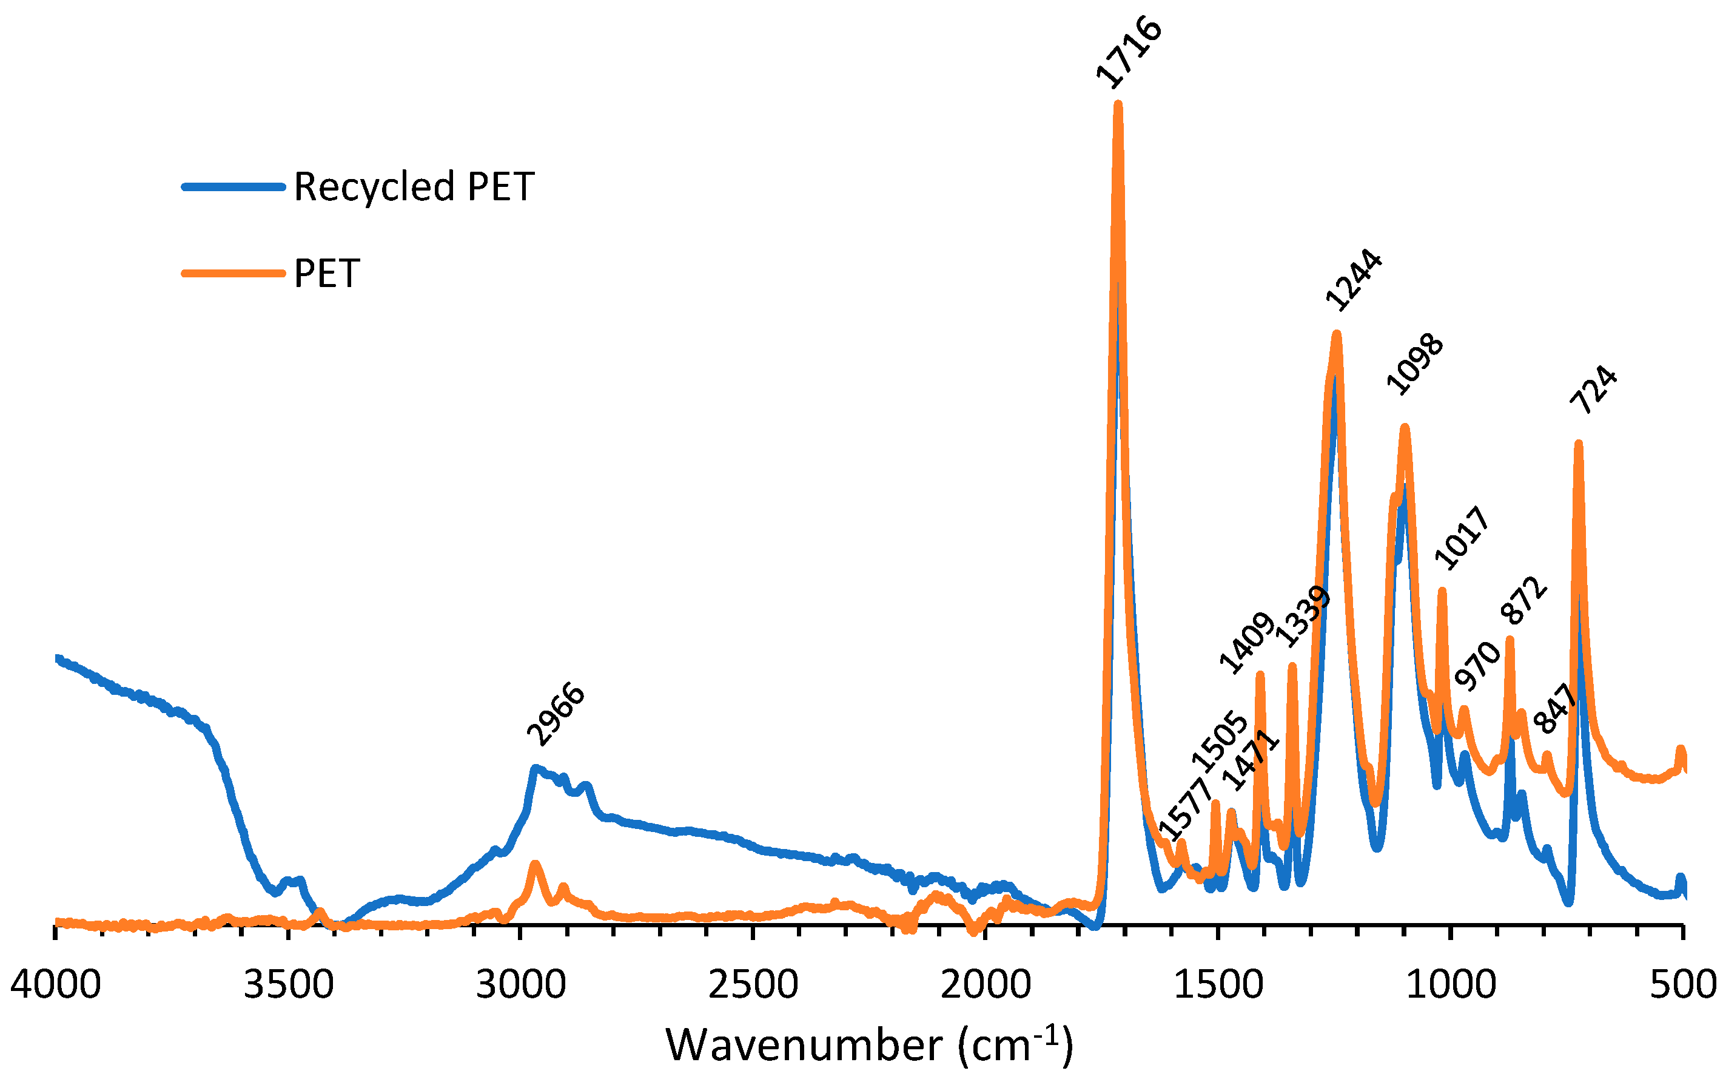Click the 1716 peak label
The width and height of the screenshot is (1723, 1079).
[x=1129, y=52]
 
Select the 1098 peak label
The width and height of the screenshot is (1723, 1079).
[x=1414, y=364]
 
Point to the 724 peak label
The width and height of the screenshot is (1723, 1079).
[x=1593, y=390]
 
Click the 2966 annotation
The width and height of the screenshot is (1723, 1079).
[x=556, y=714]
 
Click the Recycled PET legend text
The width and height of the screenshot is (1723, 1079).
[x=414, y=187]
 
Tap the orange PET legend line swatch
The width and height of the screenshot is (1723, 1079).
[x=233, y=272]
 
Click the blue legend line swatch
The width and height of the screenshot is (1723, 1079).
[x=233, y=187]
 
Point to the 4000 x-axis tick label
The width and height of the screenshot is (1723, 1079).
[x=56, y=985]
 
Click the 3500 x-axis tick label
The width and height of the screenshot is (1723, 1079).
[x=288, y=985]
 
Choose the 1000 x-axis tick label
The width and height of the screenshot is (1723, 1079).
[x=1450, y=985]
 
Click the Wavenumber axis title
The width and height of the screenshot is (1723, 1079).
[x=868, y=1046]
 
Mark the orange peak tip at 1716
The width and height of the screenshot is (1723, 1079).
[x=1118, y=105]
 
